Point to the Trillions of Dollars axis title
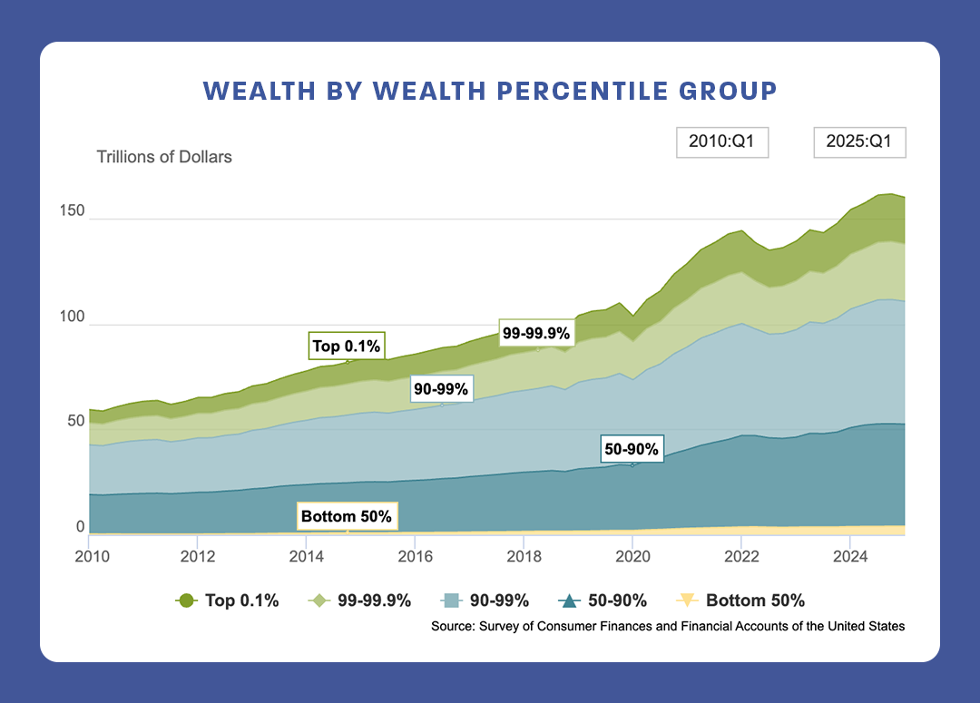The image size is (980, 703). (164, 157)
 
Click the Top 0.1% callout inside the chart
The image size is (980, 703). (347, 346)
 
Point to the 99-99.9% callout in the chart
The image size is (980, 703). (536, 334)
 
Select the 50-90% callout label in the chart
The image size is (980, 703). (632, 449)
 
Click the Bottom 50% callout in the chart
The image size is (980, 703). (346, 517)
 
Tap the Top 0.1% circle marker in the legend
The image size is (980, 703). (186, 600)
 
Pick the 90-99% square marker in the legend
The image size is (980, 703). (451, 600)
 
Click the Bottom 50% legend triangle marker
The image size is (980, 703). (688, 600)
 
